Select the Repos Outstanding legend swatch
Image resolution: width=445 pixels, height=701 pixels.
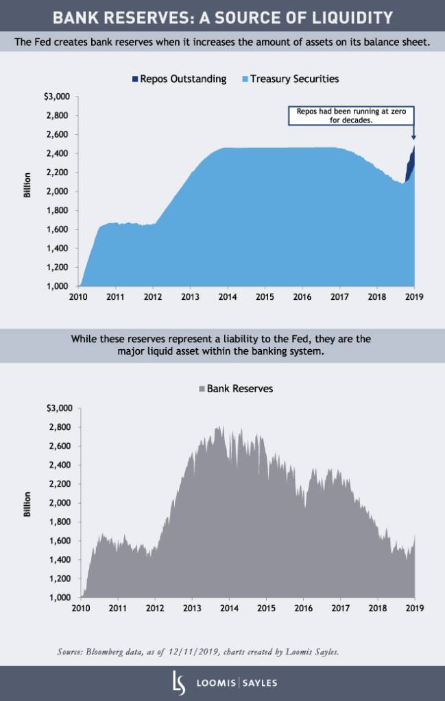[135, 79]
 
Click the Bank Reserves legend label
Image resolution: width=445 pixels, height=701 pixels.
[239, 388]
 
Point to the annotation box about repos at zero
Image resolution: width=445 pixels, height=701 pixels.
[351, 115]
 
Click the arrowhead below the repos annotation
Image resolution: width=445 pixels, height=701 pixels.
[413, 137]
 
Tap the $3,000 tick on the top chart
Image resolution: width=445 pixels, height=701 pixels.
[57, 97]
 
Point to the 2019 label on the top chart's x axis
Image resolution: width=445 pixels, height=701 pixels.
[414, 297]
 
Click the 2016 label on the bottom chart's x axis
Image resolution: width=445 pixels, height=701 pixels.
[302, 608]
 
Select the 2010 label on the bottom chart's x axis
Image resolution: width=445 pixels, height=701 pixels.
[80, 608]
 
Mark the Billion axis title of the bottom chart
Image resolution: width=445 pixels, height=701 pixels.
[27, 505]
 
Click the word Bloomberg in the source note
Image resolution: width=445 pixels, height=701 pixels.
[113, 652]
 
